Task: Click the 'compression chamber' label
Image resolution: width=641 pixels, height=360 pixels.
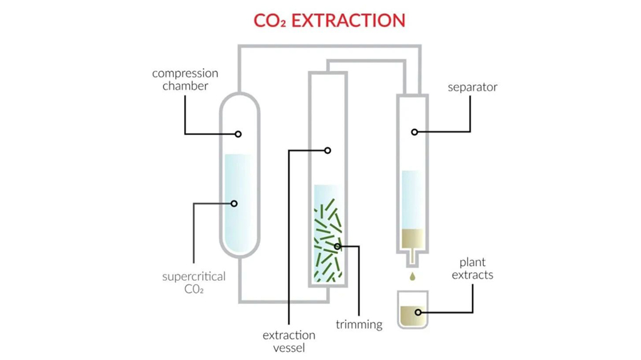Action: (185, 80)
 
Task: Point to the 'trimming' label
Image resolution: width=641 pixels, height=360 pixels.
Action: (359, 325)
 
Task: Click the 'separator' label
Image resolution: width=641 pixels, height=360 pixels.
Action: (472, 87)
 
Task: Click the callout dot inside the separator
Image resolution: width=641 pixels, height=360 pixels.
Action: (414, 132)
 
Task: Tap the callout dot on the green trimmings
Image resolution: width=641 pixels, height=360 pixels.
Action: (337, 246)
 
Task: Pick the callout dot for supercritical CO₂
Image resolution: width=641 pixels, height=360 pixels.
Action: (234, 204)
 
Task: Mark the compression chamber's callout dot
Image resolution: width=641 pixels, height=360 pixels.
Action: (238, 134)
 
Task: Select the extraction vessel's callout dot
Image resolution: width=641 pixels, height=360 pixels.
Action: (327, 150)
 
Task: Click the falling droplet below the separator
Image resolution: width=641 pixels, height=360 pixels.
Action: (412, 276)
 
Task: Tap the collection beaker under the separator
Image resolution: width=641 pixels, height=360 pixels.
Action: (412, 309)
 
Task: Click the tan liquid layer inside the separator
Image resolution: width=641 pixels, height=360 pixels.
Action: (412, 238)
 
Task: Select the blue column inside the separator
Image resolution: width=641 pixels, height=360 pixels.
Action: (412, 198)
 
